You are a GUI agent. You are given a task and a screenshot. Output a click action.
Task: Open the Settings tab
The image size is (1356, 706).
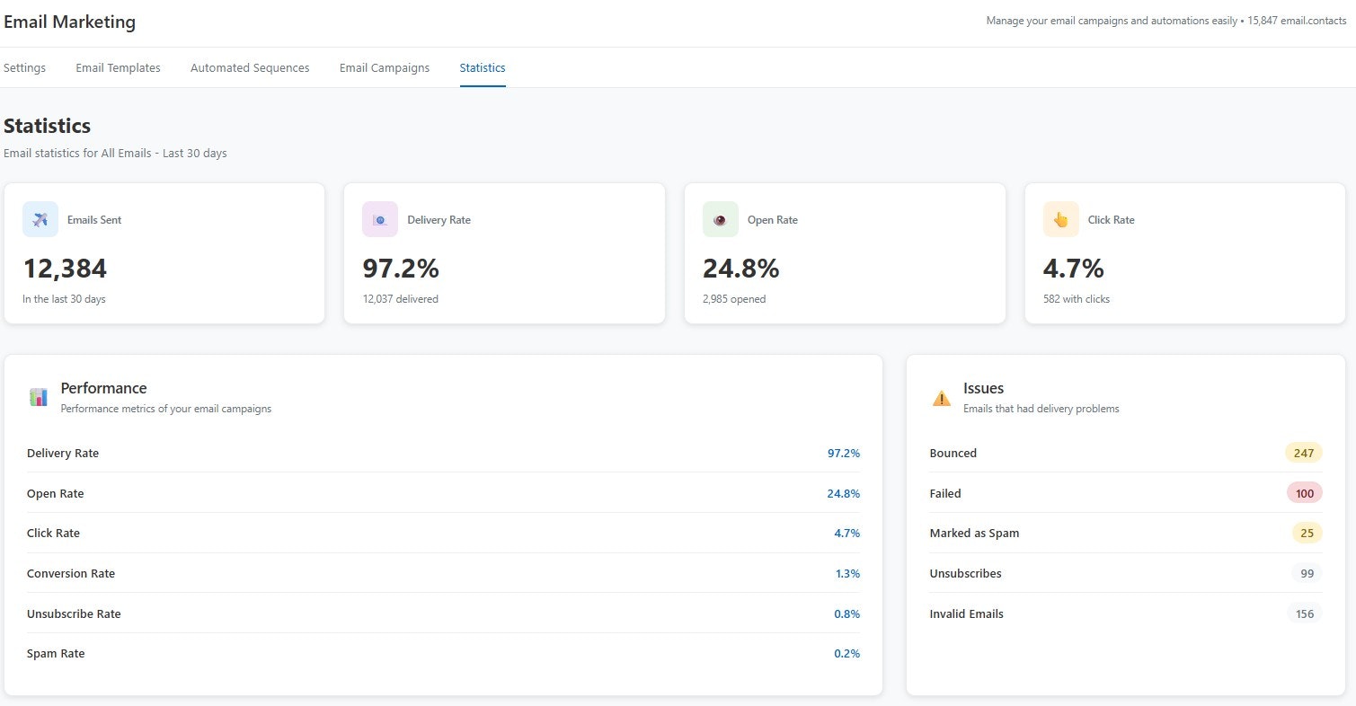pyautogui.click(x=24, y=68)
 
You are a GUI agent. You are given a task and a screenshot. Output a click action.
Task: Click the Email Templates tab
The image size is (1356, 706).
pyautogui.click(x=118, y=68)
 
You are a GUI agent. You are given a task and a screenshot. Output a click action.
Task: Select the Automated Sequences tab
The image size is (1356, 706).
pyautogui.click(x=250, y=68)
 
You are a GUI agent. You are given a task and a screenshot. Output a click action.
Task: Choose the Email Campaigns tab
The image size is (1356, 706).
pyautogui.click(x=384, y=68)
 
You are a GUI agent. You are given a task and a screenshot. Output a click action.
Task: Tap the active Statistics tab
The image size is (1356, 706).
pyautogui.click(x=482, y=68)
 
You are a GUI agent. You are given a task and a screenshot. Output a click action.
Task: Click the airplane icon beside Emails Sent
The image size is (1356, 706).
pyautogui.click(x=40, y=220)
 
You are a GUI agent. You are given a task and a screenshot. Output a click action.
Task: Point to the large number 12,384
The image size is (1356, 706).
pyautogui.click(x=65, y=269)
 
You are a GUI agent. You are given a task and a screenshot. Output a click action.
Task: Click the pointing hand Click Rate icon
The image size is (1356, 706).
pyautogui.click(x=1060, y=220)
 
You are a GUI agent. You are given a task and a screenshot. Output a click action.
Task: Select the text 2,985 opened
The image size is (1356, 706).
pyautogui.click(x=734, y=299)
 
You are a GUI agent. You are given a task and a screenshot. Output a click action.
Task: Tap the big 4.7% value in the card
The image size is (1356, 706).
pyautogui.click(x=1073, y=269)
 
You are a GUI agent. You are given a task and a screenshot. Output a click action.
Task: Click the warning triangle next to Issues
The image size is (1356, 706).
pyautogui.click(x=941, y=398)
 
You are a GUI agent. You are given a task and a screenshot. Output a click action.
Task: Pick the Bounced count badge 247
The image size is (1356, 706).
pyautogui.click(x=1303, y=454)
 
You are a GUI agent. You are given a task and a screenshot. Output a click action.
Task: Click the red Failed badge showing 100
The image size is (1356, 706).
pyautogui.click(x=1304, y=494)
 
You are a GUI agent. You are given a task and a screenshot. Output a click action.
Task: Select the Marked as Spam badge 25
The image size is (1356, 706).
pyautogui.click(x=1307, y=534)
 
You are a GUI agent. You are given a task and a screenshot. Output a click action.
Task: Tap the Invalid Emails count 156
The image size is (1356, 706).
pyautogui.click(x=1305, y=614)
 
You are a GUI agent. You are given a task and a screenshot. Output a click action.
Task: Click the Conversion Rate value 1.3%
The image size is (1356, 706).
pyautogui.click(x=846, y=574)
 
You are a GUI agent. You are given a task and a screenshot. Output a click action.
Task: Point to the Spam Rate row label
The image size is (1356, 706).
pyautogui.click(x=56, y=654)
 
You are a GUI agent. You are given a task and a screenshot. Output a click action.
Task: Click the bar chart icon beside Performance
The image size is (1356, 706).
pyautogui.click(x=39, y=397)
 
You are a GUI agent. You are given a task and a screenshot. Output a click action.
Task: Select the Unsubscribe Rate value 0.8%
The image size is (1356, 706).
pyautogui.click(x=846, y=614)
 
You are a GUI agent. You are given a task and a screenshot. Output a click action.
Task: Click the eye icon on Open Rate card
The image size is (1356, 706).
pyautogui.click(x=720, y=220)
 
